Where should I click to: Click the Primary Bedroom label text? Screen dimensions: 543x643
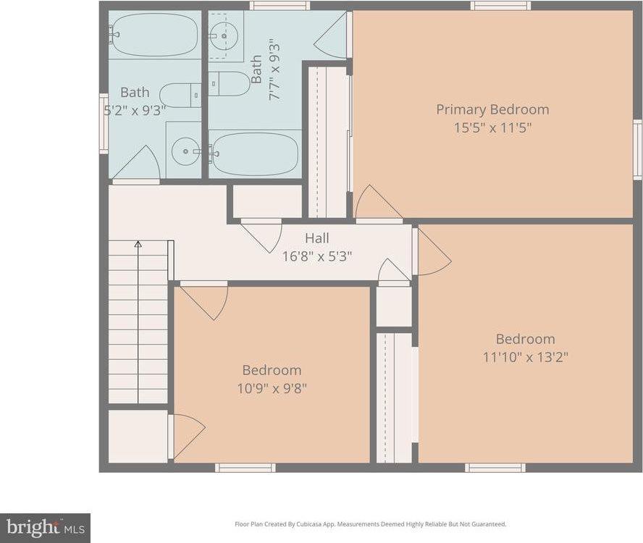(492, 109)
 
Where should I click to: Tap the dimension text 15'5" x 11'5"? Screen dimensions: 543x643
(492, 127)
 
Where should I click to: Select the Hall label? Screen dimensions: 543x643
(316, 238)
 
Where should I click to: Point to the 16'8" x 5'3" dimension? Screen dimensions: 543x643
(316, 256)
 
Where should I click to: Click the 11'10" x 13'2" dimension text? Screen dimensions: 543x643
(525, 357)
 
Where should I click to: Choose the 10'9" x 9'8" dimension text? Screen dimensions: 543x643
(272, 388)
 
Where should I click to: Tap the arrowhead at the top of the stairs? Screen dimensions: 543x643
(138, 245)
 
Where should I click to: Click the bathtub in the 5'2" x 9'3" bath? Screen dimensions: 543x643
(154, 35)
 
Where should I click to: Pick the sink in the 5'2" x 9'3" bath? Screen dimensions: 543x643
(185, 151)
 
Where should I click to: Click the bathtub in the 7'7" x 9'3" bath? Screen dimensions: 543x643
(256, 153)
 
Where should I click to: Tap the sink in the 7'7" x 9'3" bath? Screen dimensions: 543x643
(226, 35)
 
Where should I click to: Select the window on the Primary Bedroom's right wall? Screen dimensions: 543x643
(637, 149)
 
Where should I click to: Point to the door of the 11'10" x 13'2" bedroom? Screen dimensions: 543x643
(433, 251)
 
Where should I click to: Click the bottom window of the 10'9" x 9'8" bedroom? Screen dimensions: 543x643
(245, 468)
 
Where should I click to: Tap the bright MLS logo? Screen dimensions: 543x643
(45, 528)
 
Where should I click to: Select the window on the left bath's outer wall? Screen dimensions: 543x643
(104, 123)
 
